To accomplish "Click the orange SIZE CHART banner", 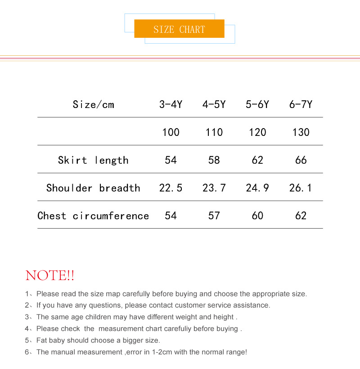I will point(179,29).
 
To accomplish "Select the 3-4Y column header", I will point(171,104).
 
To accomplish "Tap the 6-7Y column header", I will point(301,104).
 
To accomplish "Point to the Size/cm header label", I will point(93,104).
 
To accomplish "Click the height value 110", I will point(214,132).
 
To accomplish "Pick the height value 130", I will point(301,132).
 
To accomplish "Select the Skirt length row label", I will point(93,160).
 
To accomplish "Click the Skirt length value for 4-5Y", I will point(214,160).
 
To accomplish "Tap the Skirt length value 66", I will point(301,160).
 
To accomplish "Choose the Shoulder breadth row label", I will point(93,188).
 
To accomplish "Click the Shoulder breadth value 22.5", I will point(171,188).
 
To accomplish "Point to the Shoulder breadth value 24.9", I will point(257,188).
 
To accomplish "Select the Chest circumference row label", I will point(93,216).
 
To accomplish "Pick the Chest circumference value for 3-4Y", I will point(171,216).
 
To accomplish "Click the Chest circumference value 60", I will point(257,216).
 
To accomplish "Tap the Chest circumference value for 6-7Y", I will point(301,216).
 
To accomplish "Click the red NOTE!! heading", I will point(50,275).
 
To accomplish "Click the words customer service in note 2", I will point(204,306).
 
